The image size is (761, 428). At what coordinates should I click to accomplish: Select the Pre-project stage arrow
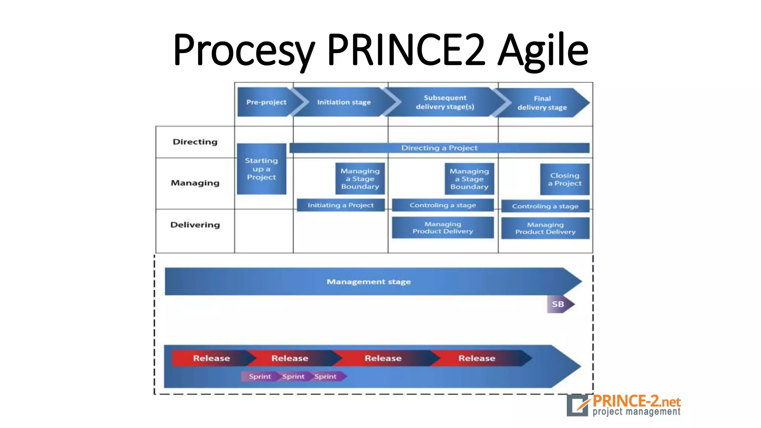coord(266,102)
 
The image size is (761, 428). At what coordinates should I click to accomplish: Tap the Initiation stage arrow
coord(344,102)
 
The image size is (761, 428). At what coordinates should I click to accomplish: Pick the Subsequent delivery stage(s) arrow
coord(445,102)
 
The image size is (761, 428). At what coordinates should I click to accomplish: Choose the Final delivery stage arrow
coord(542,103)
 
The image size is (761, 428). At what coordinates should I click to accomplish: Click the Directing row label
coord(195,142)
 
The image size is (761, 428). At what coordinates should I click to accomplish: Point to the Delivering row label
coord(195,225)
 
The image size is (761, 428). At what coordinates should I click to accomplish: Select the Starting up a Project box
coord(262,169)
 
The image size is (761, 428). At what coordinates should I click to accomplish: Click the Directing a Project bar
coord(439,148)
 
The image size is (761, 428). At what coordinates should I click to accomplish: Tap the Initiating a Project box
coord(341,205)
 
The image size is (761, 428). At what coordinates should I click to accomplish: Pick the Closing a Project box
coord(564,179)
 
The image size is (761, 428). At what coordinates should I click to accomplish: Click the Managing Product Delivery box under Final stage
coord(545,228)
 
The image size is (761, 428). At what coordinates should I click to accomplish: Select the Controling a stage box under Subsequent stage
coord(443,205)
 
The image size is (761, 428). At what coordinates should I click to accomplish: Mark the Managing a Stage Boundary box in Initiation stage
coord(360,179)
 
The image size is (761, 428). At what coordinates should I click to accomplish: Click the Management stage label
coord(369,282)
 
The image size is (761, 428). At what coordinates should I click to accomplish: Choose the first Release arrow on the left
coord(211,358)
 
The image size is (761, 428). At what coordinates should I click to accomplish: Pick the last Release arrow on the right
coord(477,358)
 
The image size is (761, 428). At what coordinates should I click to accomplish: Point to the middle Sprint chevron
coord(293,376)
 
